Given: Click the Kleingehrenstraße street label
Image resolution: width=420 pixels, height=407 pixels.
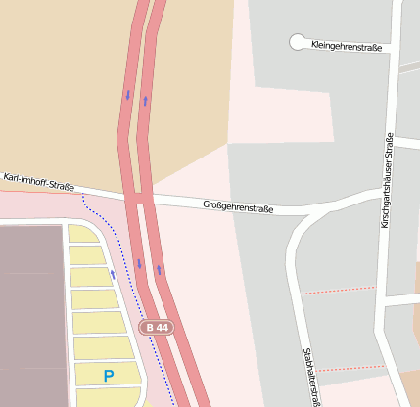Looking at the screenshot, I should click(x=345, y=45).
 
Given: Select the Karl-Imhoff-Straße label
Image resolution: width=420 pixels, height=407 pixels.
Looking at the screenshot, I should click(x=39, y=181).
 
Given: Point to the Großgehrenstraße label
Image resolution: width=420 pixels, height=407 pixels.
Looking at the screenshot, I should click(x=238, y=206).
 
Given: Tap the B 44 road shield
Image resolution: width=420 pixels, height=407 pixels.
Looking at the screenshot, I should click(x=155, y=327).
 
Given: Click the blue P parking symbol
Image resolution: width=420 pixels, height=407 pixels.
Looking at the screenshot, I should click(x=108, y=375).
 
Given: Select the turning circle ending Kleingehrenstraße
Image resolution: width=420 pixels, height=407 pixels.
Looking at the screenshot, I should click(x=298, y=41).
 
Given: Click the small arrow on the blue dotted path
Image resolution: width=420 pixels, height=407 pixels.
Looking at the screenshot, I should click(x=112, y=275).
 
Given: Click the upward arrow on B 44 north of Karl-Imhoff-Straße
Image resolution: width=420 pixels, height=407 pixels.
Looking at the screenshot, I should click(x=145, y=100).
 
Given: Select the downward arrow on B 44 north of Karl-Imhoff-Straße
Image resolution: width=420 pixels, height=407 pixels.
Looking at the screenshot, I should click(x=127, y=95).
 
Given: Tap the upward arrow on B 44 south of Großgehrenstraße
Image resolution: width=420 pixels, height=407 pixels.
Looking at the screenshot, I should click(x=158, y=269).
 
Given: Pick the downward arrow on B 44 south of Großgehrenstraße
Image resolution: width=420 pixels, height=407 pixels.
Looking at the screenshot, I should click(x=139, y=263).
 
